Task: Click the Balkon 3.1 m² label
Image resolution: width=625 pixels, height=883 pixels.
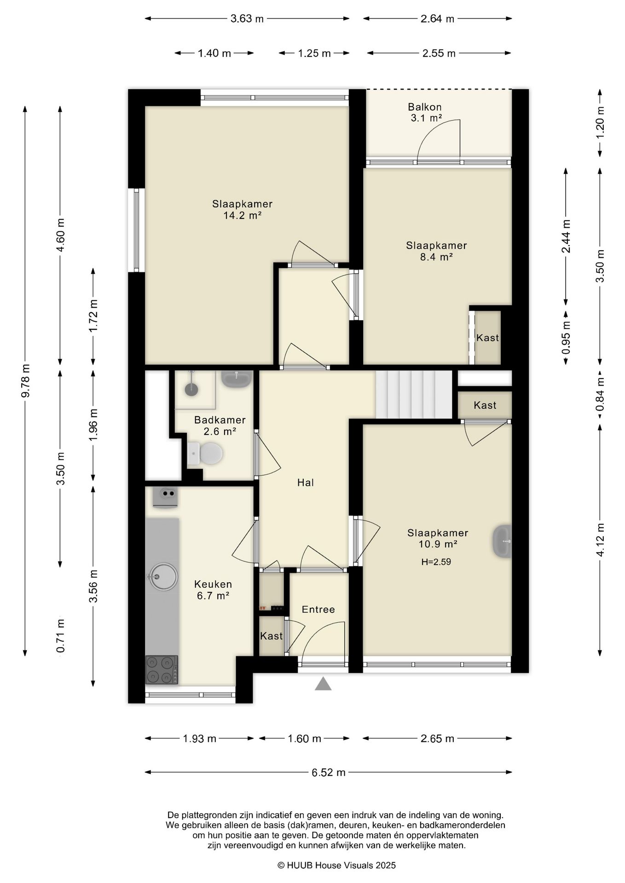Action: [425, 113]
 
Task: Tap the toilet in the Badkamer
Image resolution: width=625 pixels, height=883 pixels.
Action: [205, 454]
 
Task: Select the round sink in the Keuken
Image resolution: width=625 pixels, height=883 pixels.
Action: [162, 576]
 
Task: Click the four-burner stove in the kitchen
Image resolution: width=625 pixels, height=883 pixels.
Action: [162, 670]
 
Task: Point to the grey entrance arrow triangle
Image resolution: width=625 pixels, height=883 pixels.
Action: [323, 684]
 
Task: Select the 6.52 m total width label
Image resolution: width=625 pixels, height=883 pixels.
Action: [329, 773]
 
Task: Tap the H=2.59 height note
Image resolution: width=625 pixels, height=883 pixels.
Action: [436, 562]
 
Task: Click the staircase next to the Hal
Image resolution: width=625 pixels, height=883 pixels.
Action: [414, 394]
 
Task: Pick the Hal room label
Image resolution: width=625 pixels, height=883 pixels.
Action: [306, 482]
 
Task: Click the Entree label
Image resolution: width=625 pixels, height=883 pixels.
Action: [318, 609]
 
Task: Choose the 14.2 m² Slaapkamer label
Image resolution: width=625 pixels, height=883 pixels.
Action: [243, 209]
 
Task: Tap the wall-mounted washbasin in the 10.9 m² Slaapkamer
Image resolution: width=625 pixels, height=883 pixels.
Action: [502, 541]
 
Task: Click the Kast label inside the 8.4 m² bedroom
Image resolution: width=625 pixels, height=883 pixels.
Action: [487, 338]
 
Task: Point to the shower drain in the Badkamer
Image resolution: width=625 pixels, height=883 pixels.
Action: [191, 390]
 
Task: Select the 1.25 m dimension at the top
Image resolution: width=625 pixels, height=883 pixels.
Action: [314, 53]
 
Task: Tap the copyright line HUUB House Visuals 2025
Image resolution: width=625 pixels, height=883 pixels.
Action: [336, 865]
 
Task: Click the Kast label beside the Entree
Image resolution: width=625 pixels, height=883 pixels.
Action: [271, 636]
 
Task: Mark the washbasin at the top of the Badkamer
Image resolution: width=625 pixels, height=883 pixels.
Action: [237, 379]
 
